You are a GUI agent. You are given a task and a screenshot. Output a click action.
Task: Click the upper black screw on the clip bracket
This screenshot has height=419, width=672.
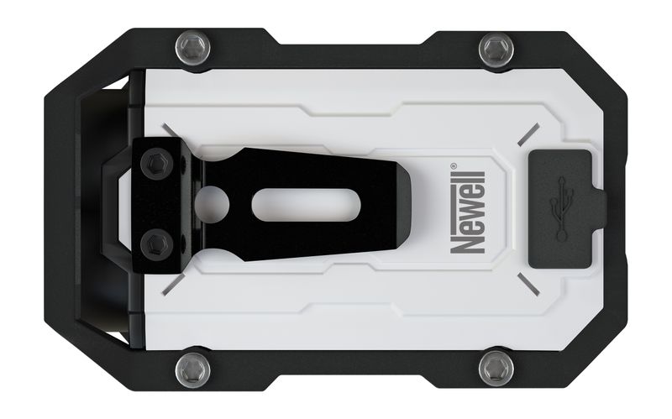[x=155, y=165]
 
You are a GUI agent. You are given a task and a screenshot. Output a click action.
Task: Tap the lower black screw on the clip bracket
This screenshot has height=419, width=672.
[x=155, y=245]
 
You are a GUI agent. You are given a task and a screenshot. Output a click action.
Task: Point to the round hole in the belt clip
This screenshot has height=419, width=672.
[x=214, y=204]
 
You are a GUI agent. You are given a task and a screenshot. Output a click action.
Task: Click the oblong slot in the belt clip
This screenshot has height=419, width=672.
[x=295, y=205]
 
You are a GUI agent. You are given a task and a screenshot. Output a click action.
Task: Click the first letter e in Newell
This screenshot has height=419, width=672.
[x=464, y=226]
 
